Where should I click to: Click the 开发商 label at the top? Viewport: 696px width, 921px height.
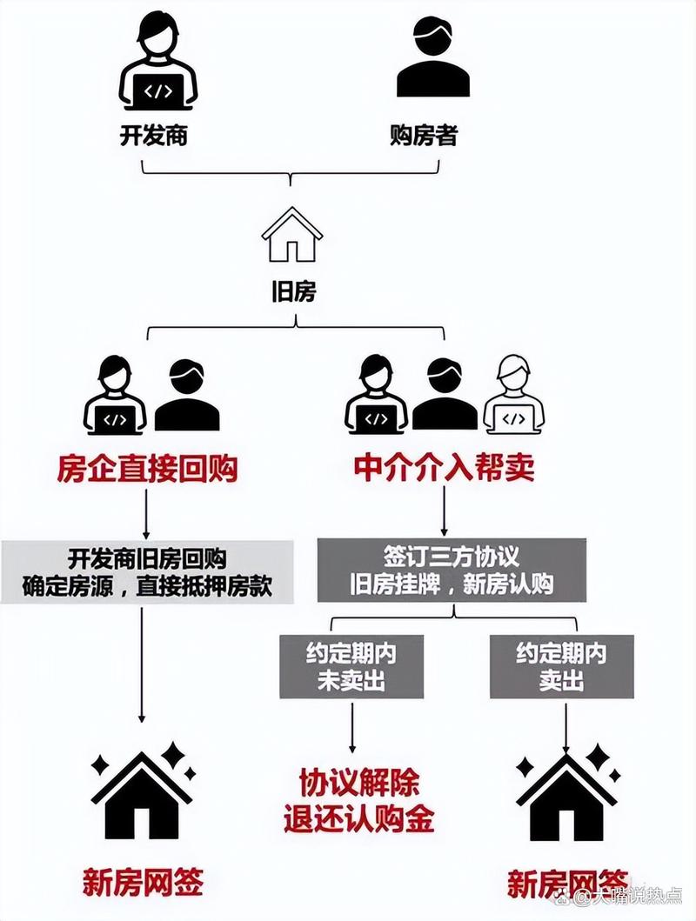pos(154,137)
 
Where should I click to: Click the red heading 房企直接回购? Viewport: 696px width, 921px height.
pos(147,470)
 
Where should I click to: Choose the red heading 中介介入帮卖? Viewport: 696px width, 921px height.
pos(444,470)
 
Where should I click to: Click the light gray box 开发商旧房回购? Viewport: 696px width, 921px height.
pos(147,571)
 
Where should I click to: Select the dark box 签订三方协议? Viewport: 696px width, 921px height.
pos(451,571)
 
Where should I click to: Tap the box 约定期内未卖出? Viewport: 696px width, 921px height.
pos(351,666)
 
